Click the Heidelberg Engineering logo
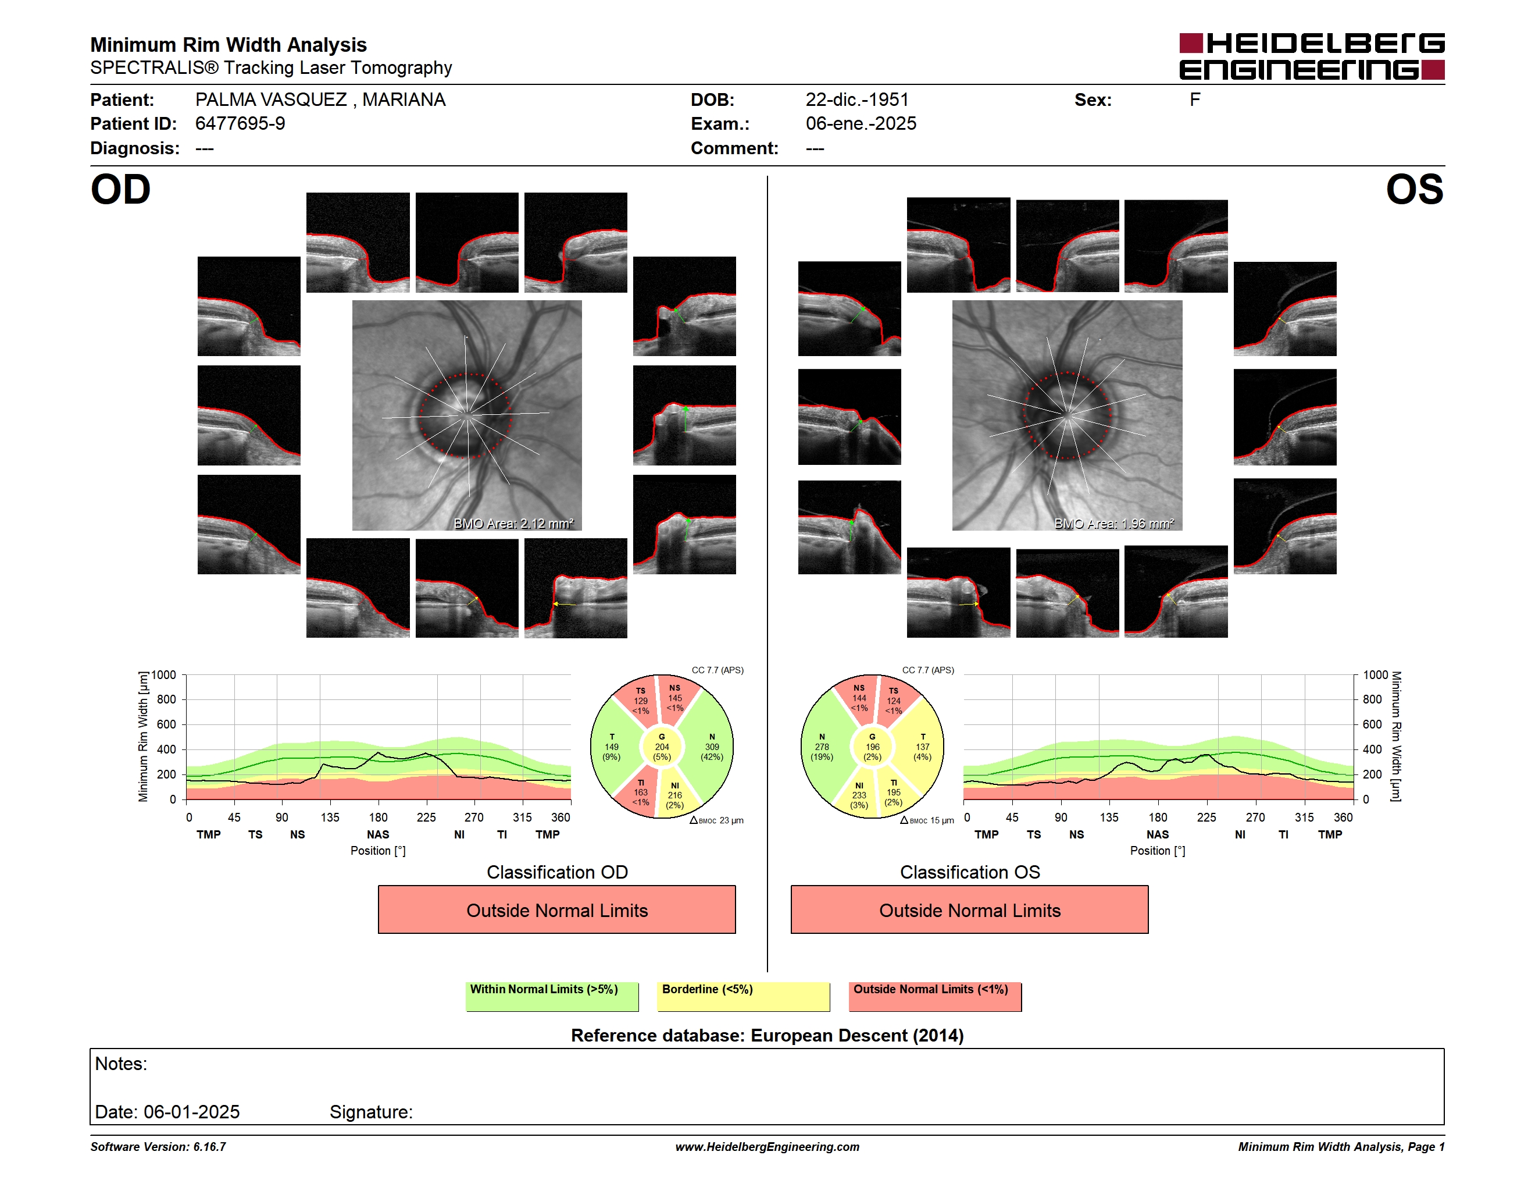tap(1312, 56)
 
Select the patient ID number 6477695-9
tap(240, 124)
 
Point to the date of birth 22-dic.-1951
tap(857, 100)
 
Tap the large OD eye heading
tap(121, 190)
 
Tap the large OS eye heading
tap(1414, 190)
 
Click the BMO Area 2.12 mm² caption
tap(514, 523)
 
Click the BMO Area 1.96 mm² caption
tap(1114, 523)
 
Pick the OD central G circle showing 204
tap(661, 747)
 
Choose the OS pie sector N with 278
tap(822, 747)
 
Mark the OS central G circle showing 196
tap(872, 747)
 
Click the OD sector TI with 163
tap(640, 792)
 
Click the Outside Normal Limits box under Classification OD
tap(556, 910)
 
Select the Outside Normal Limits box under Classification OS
tap(969, 910)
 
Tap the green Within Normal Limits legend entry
tap(552, 996)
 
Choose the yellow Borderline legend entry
tap(743, 996)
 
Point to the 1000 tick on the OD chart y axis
tap(164, 675)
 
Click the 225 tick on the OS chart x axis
tap(1206, 817)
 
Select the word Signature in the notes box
tap(371, 1112)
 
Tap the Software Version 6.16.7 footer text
tap(158, 1147)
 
